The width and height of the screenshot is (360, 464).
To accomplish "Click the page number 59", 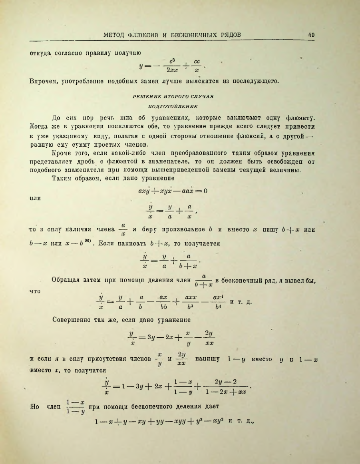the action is coord(312,35).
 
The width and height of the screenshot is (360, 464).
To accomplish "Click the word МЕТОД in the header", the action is coord(116,35).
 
